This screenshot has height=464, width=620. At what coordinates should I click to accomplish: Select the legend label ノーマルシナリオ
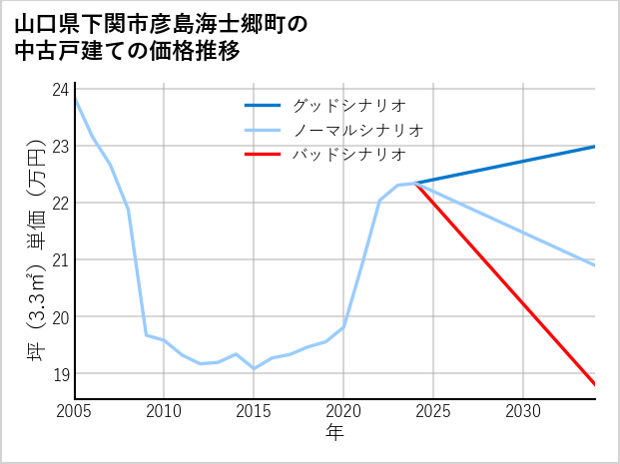tap(357, 130)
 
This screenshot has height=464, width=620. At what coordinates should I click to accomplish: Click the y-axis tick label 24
tap(60, 89)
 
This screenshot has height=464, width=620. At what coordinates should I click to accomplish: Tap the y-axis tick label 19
tap(60, 374)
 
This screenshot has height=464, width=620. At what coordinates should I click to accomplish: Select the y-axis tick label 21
tap(60, 260)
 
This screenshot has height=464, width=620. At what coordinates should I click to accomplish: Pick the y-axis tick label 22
tap(60, 203)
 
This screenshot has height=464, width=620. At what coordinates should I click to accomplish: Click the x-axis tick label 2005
tap(74, 411)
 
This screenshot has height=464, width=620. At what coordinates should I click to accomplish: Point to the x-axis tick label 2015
tap(254, 411)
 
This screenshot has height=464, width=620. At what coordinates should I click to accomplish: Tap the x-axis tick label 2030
tap(523, 411)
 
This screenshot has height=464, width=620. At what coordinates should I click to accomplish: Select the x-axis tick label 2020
tap(343, 411)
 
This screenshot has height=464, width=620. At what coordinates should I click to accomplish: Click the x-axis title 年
tap(334, 433)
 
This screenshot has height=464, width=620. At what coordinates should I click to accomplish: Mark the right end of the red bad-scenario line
tap(595, 384)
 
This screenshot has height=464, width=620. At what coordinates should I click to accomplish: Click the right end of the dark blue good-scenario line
tap(595, 147)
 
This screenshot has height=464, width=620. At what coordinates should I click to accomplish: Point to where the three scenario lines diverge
tap(415, 183)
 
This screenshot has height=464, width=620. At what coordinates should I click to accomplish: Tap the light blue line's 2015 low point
tap(254, 369)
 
